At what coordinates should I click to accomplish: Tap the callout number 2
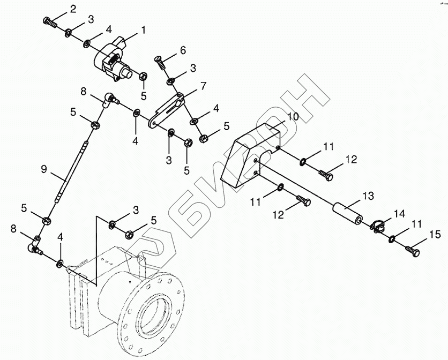[73, 9]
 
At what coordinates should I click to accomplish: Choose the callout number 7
[203, 86]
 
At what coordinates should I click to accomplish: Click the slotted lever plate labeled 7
[167, 109]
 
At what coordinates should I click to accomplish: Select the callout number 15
[434, 234]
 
